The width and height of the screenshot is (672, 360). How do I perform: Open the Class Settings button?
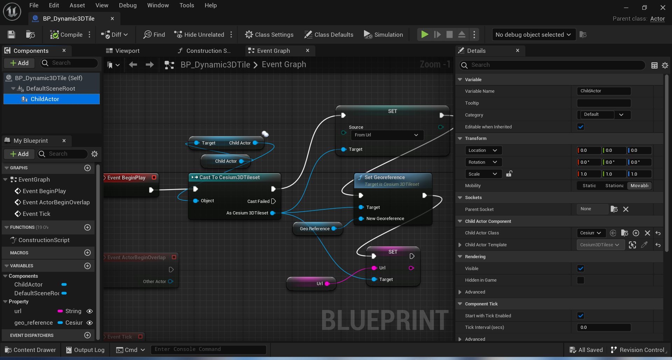tap(269, 35)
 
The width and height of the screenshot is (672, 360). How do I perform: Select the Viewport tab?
tap(127, 51)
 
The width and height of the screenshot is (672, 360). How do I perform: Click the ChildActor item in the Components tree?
tap(45, 99)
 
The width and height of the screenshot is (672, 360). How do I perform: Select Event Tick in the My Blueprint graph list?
tap(36, 214)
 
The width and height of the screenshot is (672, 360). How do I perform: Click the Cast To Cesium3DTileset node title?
tap(229, 177)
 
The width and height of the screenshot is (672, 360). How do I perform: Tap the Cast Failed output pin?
tap(273, 201)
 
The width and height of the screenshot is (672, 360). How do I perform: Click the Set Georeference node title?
tap(385, 177)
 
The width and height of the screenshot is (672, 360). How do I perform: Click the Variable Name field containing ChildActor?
tap(603, 91)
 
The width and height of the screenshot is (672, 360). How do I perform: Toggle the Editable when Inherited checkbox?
tap(581, 127)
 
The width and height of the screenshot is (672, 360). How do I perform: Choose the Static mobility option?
tap(589, 186)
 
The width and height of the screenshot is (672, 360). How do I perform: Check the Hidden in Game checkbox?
tap(581, 280)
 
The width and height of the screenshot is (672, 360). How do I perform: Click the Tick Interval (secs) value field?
tap(603, 327)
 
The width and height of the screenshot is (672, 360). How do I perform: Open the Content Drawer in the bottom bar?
tap(30, 350)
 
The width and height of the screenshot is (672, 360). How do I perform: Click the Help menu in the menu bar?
tap(210, 5)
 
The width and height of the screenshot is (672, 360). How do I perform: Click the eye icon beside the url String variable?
tap(90, 311)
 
